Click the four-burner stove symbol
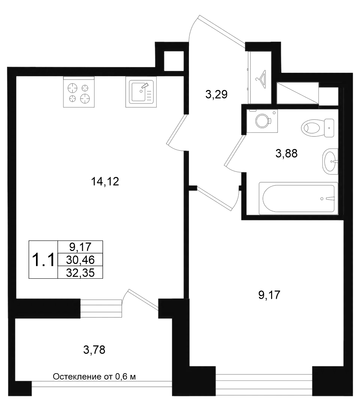click(79, 92)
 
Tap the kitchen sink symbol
click(141, 92)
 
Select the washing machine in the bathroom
click(262, 121)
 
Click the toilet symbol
click(318, 128)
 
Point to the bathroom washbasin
click(330, 161)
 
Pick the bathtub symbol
click(298, 198)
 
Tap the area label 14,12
click(105, 182)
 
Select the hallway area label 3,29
click(216, 95)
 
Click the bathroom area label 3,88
click(286, 153)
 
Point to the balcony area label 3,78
click(94, 350)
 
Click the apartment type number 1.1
click(43, 260)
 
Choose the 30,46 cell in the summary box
click(80, 260)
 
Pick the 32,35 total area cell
click(80, 273)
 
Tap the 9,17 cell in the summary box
click(80, 247)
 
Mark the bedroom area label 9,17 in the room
click(269, 295)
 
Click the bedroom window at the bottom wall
click(264, 381)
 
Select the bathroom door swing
click(234, 154)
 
